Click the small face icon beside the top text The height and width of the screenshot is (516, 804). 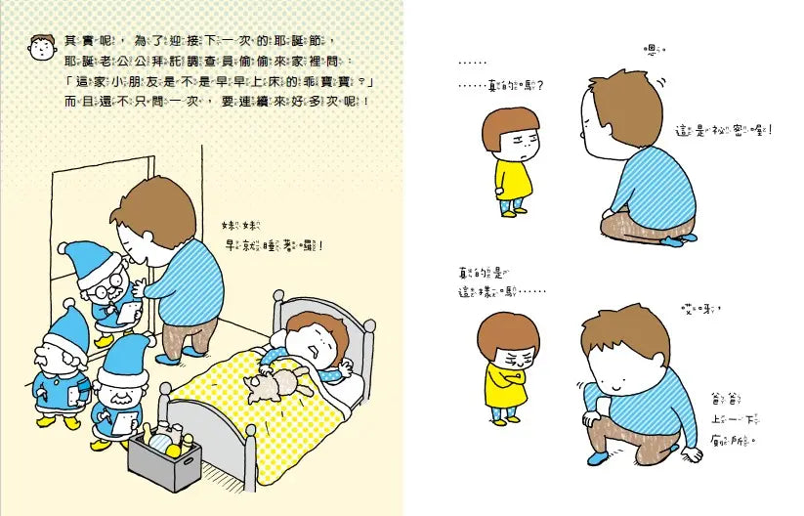[42, 45]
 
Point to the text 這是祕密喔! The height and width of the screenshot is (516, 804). [722, 130]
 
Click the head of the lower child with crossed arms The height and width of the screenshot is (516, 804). [510, 342]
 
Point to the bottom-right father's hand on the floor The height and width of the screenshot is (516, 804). [690, 455]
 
